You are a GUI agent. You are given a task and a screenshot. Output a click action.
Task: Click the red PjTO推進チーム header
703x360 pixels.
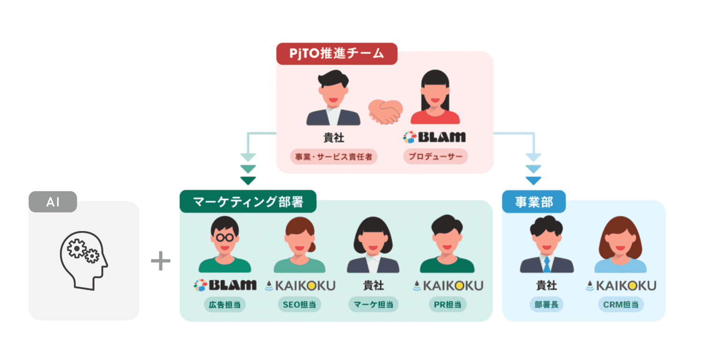click(x=337, y=54)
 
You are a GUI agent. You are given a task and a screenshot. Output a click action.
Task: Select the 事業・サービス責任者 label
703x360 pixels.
click(x=333, y=157)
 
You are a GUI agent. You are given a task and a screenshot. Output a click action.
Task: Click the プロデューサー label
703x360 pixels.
click(x=435, y=157)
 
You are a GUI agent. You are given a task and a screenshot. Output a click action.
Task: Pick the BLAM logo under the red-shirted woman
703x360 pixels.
click(x=434, y=137)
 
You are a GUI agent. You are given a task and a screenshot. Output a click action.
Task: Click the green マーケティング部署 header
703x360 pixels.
click(x=248, y=202)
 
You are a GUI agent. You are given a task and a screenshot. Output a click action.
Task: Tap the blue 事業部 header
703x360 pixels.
click(x=534, y=202)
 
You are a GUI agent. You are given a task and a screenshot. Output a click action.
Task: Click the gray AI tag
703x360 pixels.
click(x=52, y=202)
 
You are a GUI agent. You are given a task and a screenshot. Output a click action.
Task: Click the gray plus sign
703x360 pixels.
click(x=161, y=261)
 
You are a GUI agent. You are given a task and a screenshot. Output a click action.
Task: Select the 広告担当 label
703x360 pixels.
click(x=225, y=305)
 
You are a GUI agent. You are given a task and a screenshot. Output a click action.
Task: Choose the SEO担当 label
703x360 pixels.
click(x=299, y=305)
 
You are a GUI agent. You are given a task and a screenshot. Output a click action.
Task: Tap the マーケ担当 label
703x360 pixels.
click(x=373, y=305)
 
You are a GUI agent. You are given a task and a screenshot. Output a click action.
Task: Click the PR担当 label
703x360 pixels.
click(x=447, y=305)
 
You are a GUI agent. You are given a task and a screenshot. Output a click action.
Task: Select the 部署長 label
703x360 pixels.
click(x=546, y=305)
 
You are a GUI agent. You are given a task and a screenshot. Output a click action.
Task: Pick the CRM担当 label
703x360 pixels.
click(x=621, y=305)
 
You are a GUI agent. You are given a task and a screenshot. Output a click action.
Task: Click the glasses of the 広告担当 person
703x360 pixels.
click(x=225, y=237)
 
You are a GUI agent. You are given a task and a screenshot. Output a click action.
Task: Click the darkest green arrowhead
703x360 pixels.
click(x=247, y=180)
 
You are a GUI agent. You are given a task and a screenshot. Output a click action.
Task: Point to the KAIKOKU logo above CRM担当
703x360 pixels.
click(x=621, y=285)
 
